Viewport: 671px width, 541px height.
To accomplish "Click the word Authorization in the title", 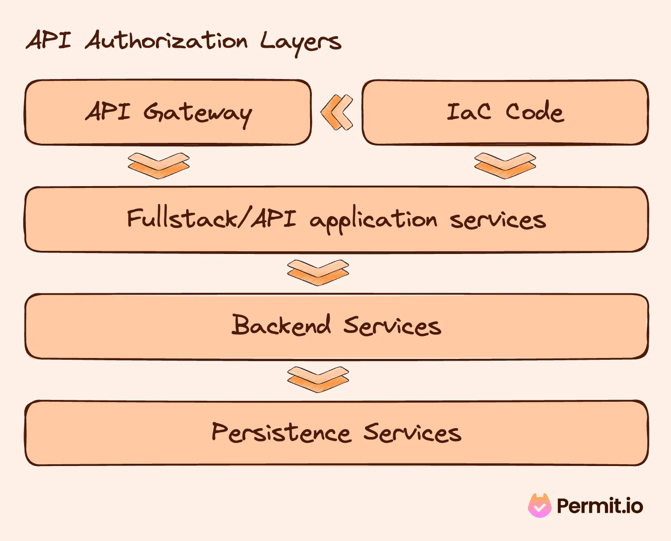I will [x=166, y=41].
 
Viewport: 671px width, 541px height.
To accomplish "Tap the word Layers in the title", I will [x=300, y=42].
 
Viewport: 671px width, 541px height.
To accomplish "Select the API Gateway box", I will [x=168, y=112].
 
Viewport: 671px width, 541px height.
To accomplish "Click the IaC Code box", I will [x=505, y=112].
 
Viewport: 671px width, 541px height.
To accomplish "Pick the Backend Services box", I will [x=336, y=326].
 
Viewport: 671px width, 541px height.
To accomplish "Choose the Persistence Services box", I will [x=336, y=433].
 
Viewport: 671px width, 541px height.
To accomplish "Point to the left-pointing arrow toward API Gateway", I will [x=337, y=112].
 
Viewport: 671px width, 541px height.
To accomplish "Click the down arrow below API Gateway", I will [x=159, y=166].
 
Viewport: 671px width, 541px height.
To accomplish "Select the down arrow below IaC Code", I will [x=505, y=166].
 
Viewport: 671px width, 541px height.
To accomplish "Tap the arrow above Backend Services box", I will [x=318, y=272].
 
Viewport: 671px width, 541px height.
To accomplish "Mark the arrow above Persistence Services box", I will [x=318, y=379].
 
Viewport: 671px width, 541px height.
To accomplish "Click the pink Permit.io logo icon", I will [x=540, y=506].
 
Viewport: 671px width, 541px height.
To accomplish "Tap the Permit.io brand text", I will [x=600, y=506].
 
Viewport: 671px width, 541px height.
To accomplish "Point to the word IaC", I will [x=468, y=112].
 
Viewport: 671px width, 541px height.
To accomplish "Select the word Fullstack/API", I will [x=211, y=219].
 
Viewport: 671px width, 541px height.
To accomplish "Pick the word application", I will [x=373, y=221].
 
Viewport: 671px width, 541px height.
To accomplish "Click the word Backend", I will [x=281, y=325].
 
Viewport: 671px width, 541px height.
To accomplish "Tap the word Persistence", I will [x=281, y=432].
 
